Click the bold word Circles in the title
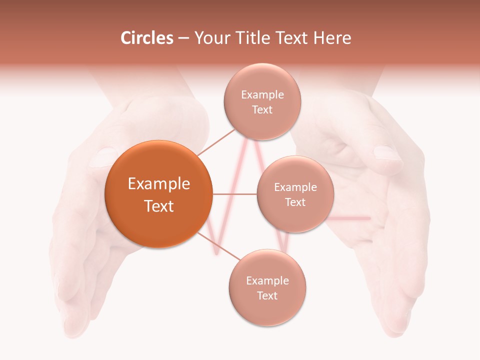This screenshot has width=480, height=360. click(x=146, y=38)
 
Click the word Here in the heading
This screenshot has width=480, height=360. click(x=333, y=38)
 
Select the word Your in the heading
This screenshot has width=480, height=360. click(x=210, y=38)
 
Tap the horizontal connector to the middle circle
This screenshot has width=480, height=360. click(x=234, y=194)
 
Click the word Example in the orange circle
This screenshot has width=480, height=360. click(x=159, y=184)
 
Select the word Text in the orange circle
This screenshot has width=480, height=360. click(x=159, y=206)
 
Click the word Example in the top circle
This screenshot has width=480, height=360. click(x=262, y=95)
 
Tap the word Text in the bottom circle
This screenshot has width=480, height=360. click(x=267, y=296)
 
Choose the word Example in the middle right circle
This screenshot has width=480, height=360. click(x=295, y=187)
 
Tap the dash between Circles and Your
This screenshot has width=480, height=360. click(x=183, y=38)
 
